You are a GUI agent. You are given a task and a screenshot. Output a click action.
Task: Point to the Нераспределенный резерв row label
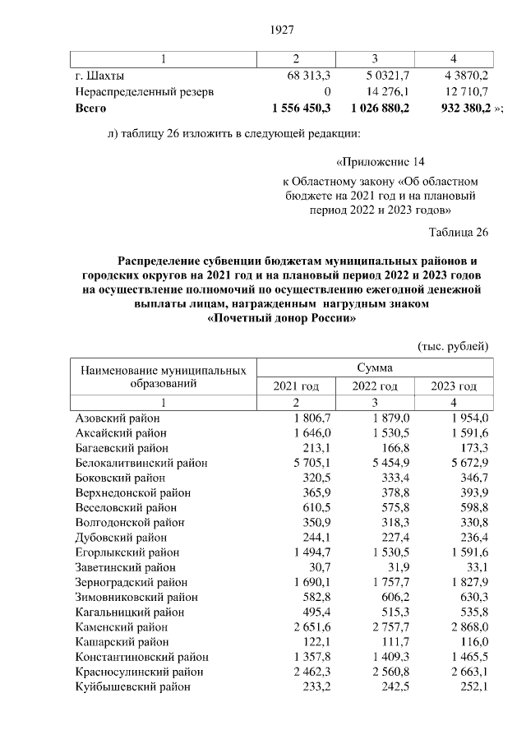(x=144, y=92)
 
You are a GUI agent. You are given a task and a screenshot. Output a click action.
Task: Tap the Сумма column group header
(x=374, y=368)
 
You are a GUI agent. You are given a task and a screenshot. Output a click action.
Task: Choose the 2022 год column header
(x=374, y=386)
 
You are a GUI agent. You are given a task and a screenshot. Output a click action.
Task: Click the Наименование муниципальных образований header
(x=163, y=377)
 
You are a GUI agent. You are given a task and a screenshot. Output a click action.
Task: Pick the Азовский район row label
(x=118, y=418)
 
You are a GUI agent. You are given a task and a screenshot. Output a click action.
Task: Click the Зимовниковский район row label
(x=133, y=597)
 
